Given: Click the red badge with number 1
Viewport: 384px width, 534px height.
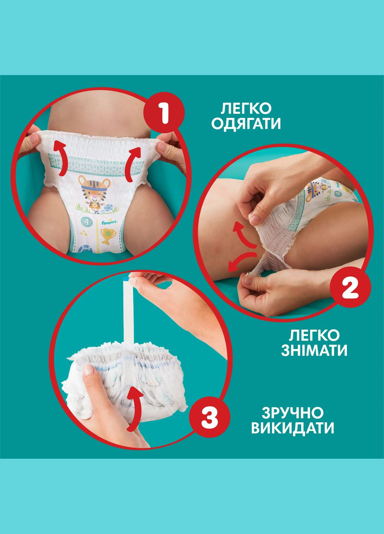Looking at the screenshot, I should [x=163, y=112].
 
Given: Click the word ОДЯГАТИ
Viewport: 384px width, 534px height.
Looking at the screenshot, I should [x=246, y=124].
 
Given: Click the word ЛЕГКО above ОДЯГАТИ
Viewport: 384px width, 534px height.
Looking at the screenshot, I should [x=246, y=109].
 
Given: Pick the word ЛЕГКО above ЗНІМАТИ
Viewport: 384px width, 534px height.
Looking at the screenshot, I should [x=314, y=335].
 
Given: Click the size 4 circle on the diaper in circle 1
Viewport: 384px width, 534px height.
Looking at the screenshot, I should [x=86, y=223].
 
